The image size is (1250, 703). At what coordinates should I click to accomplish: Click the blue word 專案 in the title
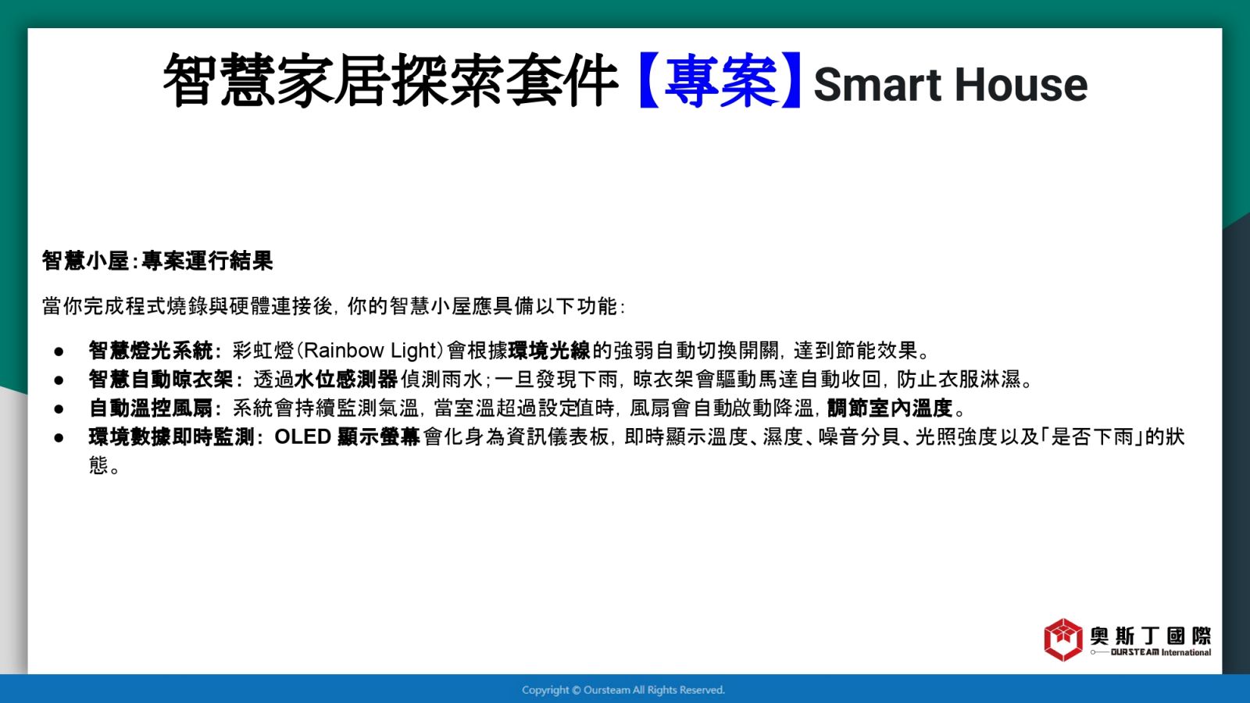[x=720, y=81]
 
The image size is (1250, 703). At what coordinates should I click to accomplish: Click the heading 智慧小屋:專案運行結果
[x=157, y=261]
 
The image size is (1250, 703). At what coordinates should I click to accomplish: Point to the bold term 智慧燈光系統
[x=151, y=351]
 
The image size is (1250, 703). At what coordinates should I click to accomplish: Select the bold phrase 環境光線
[x=549, y=351]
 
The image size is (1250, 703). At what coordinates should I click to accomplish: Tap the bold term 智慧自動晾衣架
[x=161, y=380]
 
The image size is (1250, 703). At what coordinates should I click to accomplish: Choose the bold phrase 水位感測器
[x=346, y=380]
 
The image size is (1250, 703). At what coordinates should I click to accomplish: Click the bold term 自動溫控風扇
[x=151, y=409]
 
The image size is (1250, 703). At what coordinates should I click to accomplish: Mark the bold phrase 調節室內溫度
[x=890, y=409]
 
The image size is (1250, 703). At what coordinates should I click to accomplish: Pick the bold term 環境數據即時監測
[x=171, y=437]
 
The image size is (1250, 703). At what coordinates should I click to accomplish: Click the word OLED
[x=303, y=437]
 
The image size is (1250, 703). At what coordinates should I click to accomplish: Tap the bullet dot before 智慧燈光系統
[x=59, y=351]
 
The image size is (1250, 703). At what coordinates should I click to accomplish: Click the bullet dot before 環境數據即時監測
[x=59, y=438]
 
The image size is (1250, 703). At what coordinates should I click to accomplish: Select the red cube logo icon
[x=1063, y=640]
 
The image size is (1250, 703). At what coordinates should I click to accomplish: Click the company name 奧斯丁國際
[x=1151, y=636]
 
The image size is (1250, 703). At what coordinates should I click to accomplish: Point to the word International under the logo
[x=1187, y=652]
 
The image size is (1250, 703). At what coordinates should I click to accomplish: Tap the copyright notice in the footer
[x=623, y=691]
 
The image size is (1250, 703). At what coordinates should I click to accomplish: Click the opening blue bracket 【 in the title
[x=649, y=81]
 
